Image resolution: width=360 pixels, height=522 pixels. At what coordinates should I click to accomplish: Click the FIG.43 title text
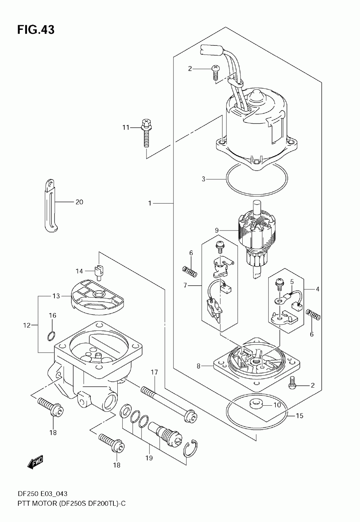(x=36, y=30)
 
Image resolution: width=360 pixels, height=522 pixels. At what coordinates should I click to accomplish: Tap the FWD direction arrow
(x=35, y=461)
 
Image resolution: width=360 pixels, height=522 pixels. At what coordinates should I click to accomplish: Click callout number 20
(x=80, y=202)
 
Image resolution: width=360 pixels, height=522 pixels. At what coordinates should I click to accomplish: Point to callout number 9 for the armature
(x=217, y=231)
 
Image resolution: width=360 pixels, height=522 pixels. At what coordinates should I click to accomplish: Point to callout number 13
(x=56, y=296)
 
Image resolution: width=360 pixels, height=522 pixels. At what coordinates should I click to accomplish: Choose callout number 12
(x=27, y=325)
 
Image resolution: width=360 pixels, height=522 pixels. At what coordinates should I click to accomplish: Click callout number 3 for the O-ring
(x=203, y=179)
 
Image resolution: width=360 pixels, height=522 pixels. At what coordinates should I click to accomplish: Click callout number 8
(x=198, y=366)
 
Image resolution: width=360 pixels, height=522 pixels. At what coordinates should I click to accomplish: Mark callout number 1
(x=150, y=204)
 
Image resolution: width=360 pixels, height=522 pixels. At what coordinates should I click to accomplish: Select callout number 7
(x=185, y=285)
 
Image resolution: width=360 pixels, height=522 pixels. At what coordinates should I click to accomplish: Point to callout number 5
(x=292, y=282)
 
